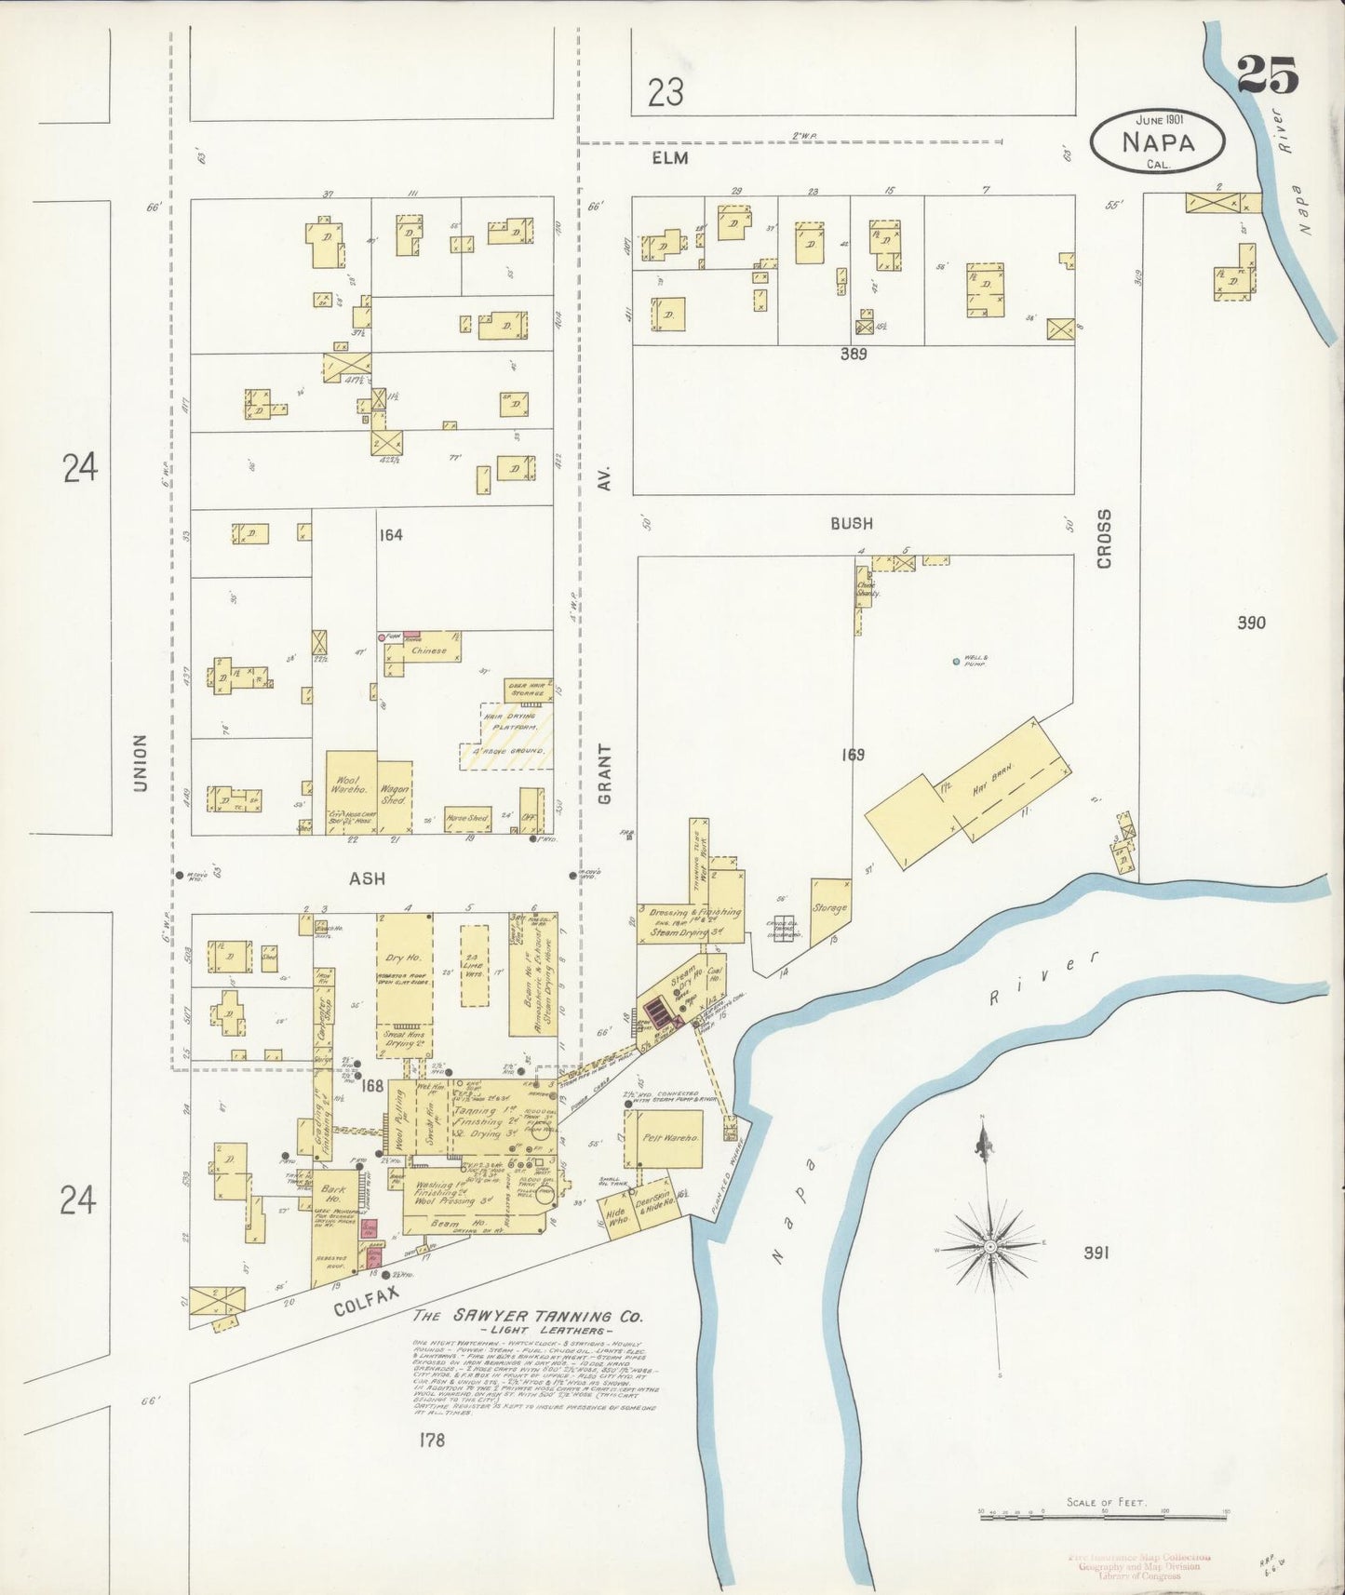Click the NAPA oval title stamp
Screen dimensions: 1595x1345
click(x=1158, y=141)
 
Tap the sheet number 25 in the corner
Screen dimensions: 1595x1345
click(x=1267, y=74)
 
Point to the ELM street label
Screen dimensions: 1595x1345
click(x=669, y=158)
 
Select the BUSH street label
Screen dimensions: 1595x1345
click(x=852, y=524)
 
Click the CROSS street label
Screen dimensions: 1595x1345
click(x=1105, y=539)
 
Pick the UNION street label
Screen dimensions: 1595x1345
click(x=141, y=763)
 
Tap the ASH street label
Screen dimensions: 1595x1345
click(x=367, y=878)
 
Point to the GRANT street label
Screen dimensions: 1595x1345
click(x=605, y=774)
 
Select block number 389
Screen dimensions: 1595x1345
click(x=853, y=354)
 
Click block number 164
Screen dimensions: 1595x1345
click(x=390, y=535)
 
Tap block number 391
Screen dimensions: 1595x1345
click(x=1096, y=1253)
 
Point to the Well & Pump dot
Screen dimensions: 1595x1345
click(x=956, y=662)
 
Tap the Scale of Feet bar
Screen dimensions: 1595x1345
click(x=1103, y=1517)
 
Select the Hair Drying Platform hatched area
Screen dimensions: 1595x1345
click(x=507, y=737)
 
